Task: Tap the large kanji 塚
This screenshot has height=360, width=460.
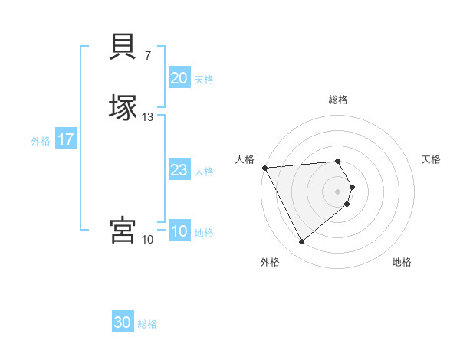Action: pyautogui.click(x=124, y=107)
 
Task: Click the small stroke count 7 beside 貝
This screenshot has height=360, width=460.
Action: pyautogui.click(x=148, y=55)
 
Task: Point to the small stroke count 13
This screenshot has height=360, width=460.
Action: pyautogui.click(x=148, y=117)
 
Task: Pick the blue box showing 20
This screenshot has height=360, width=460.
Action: pyautogui.click(x=179, y=78)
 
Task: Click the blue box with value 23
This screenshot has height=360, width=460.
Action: pyautogui.click(x=179, y=170)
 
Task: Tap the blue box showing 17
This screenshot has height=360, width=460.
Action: pyautogui.click(x=66, y=139)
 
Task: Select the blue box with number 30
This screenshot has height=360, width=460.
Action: pyautogui.click(x=123, y=322)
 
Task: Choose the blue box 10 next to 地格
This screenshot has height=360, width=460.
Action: pyautogui.click(x=179, y=231)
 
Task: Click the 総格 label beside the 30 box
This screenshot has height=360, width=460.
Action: pyautogui.click(x=147, y=324)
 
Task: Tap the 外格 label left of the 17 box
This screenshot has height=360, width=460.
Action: pyautogui.click(x=41, y=141)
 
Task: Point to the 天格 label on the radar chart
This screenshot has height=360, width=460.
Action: pyautogui.click(x=431, y=159)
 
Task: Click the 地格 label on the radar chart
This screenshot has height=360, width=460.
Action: pyautogui.click(x=402, y=262)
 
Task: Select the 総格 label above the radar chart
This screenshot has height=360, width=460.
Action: pyautogui.click(x=338, y=100)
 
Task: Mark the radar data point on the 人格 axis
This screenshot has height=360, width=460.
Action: pyautogui.click(x=264, y=168)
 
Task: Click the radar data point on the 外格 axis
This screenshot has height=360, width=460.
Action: pyautogui.click(x=301, y=242)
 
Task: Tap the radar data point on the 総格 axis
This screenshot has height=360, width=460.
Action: pyautogui.click(x=338, y=161)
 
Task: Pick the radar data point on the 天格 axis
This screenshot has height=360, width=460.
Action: pyautogui.click(x=352, y=187)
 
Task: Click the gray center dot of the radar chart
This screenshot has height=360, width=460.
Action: pyautogui.click(x=338, y=191)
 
